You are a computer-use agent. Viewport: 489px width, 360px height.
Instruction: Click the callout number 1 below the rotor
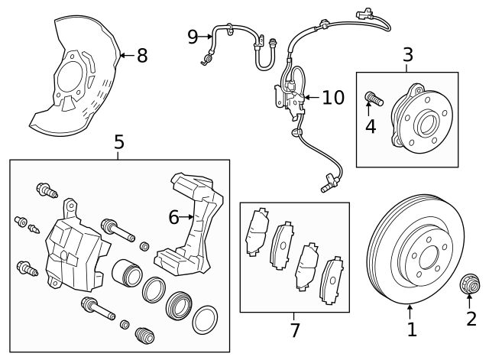point(412,329)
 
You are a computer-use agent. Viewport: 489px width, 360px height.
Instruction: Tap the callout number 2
point(471,319)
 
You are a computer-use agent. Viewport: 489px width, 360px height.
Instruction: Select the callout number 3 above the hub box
point(407,55)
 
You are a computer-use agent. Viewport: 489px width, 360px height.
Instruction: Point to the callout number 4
point(371,126)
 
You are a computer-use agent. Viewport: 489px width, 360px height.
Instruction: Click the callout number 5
point(118,141)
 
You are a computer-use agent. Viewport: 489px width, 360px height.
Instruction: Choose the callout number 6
point(174,218)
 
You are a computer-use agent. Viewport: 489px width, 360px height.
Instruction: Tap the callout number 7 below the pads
point(294,329)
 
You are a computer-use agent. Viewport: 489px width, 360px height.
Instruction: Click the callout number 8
point(142,56)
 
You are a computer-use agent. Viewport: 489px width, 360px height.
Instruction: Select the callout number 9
point(193,35)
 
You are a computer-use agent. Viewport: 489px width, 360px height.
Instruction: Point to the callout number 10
point(333,98)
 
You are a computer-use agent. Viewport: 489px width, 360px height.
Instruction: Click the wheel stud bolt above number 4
point(373,98)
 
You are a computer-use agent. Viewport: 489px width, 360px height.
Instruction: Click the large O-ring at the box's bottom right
point(204,319)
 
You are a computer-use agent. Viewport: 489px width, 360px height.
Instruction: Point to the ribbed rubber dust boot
point(145,336)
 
